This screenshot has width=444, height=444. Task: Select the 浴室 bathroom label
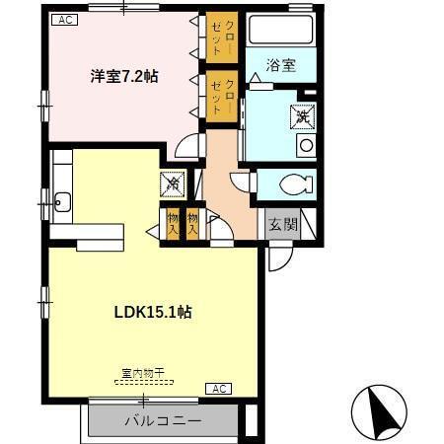[281, 66]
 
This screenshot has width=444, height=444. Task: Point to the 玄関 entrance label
[283, 224]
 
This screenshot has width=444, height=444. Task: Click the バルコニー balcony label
[163, 420]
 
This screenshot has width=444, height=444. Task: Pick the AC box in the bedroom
[62, 19]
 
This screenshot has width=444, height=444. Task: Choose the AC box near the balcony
[218, 389]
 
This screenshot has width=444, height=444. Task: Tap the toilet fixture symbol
[294, 185]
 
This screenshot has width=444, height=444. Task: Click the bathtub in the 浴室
[280, 31]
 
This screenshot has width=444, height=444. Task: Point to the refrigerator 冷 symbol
[171, 183]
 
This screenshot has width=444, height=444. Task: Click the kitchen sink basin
[62, 204]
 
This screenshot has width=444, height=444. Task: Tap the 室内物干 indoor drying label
[142, 374]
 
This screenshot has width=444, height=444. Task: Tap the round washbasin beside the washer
[305, 145]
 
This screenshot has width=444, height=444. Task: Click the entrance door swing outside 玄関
[279, 257]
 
